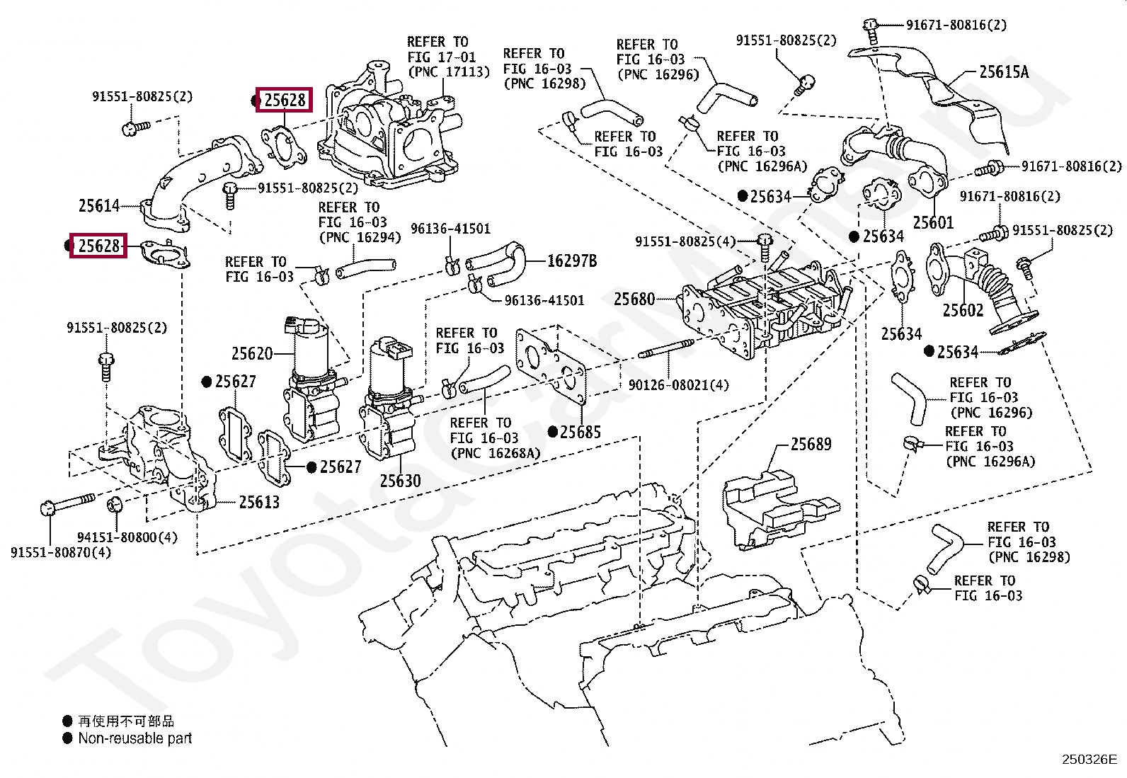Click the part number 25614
click(x=99, y=206)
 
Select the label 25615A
click(x=1004, y=72)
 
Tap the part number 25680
click(x=634, y=299)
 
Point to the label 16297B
click(x=572, y=261)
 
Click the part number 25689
click(x=811, y=445)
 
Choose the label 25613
click(x=258, y=502)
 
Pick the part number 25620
click(x=251, y=354)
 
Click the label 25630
click(x=400, y=481)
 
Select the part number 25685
click(x=580, y=433)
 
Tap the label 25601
click(x=933, y=222)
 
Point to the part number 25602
click(x=963, y=311)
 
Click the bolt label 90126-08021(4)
click(x=679, y=386)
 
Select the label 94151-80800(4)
click(x=127, y=537)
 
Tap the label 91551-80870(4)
click(x=61, y=553)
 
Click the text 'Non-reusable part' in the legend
click(x=135, y=738)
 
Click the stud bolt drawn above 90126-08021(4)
click(x=666, y=349)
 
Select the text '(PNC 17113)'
click(x=449, y=72)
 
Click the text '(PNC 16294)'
click(x=360, y=238)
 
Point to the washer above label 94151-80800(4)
click(x=115, y=503)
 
